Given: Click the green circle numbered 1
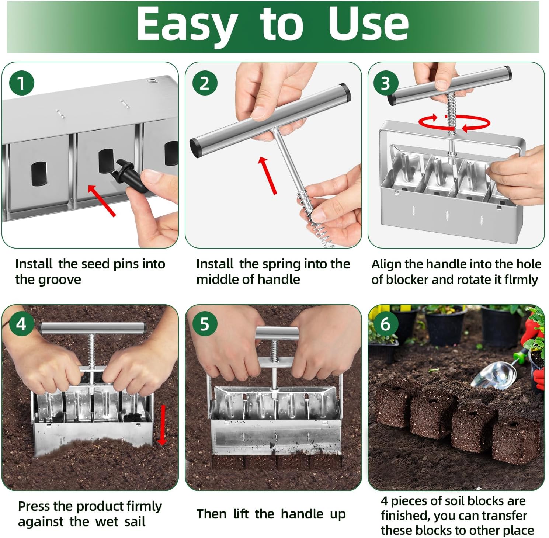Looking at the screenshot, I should tap(21, 83).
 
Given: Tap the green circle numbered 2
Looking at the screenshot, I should tap(205, 83).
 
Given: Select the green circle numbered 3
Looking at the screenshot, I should tap(385, 83).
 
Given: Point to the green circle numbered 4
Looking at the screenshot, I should tap(21, 324).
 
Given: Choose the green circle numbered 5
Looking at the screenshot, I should tap(205, 324).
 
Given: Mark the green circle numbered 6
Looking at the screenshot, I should tap(385, 324).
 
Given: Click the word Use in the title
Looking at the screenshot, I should tap(368, 24).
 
